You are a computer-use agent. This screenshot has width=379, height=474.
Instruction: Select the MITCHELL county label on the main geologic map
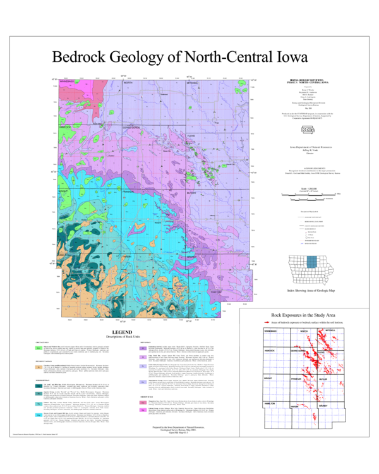click(x=192, y=83)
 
